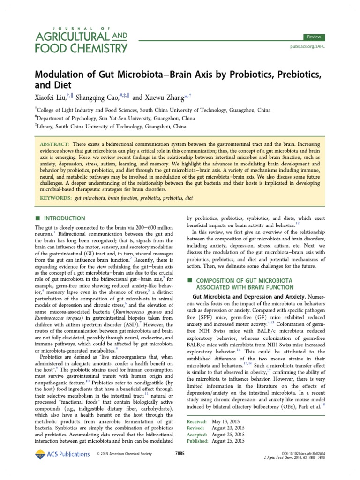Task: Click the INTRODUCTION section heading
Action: pyautogui.click(x=64, y=218)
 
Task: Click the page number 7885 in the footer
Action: pyautogui.click(x=180, y=454)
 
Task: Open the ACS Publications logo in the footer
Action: pyautogui.click(x=62, y=454)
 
